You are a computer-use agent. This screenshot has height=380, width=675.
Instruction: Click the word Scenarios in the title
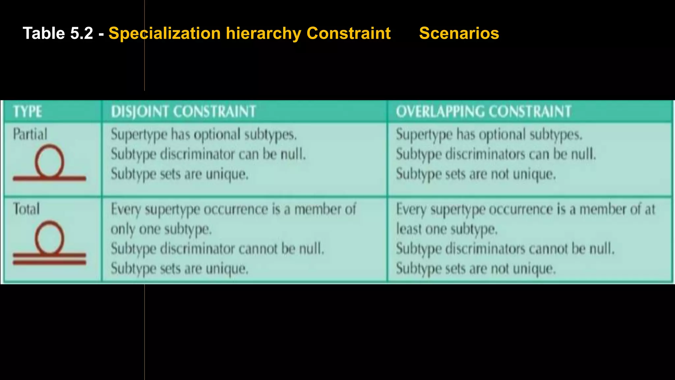(459, 33)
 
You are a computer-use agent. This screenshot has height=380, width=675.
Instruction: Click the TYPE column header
(28, 111)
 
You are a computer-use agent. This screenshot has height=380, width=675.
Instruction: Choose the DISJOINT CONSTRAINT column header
(183, 111)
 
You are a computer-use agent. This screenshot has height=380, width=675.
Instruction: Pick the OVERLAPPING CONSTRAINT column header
(484, 111)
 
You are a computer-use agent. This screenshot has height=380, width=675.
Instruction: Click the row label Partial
(30, 134)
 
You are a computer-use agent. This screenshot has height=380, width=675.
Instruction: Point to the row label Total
(26, 209)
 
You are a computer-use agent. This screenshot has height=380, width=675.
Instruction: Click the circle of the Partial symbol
(49, 161)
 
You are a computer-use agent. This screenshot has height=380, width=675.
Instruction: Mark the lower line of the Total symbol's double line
(49, 263)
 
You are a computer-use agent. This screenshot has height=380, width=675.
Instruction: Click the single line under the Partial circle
(49, 178)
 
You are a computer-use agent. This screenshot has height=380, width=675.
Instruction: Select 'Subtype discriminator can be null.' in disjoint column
(208, 154)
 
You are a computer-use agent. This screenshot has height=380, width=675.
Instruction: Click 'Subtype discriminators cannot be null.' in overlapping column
(505, 249)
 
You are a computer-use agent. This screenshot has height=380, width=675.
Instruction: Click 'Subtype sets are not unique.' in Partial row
(476, 174)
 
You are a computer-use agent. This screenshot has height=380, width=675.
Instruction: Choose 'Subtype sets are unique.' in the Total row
(179, 269)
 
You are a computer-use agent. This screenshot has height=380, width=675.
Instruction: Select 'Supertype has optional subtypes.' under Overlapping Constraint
(489, 135)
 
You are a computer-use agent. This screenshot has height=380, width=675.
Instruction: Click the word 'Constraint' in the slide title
(348, 33)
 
